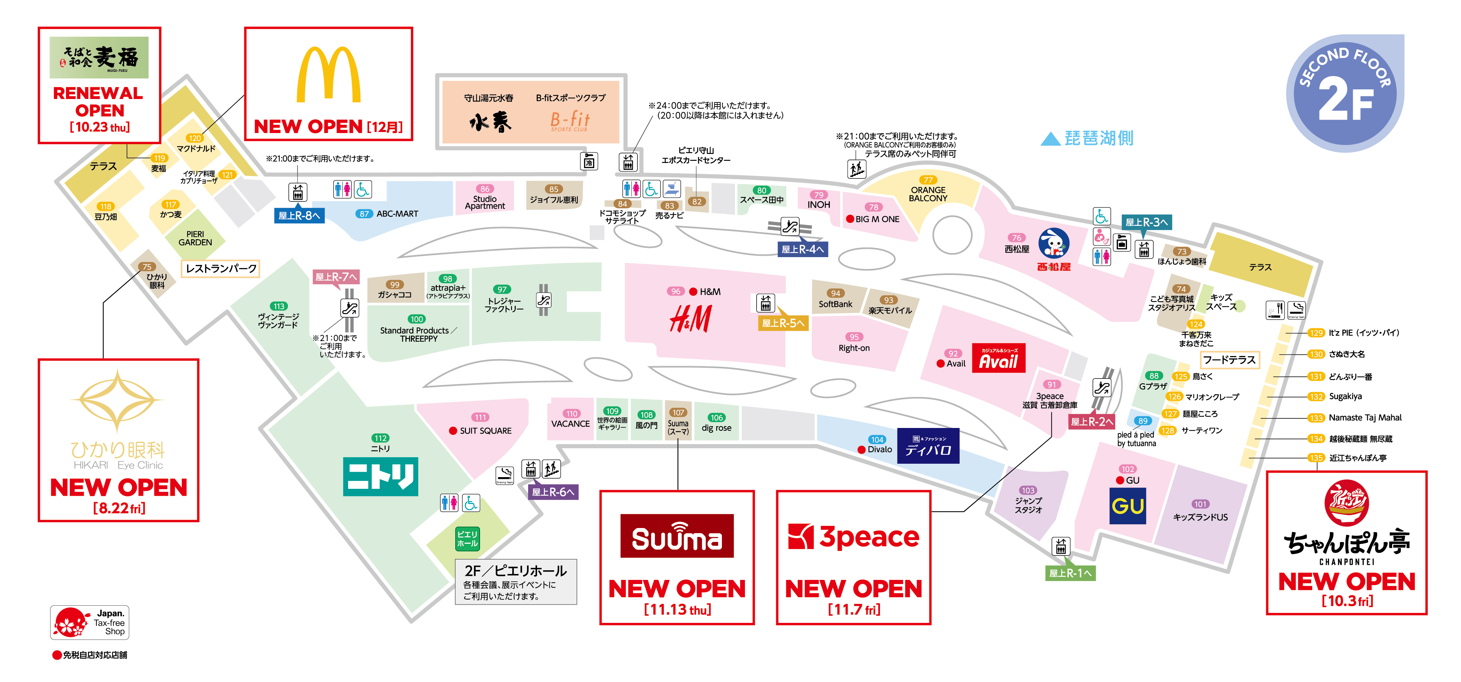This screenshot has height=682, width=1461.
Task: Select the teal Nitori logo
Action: tap(381, 476)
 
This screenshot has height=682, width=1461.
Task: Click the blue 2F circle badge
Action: tap(1345, 93)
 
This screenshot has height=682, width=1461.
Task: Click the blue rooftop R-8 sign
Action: tap(299, 216)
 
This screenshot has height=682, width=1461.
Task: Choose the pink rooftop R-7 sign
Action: tap(336, 277)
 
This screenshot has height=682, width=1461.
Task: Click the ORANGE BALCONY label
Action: tap(928, 194)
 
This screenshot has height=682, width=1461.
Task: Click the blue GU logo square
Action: tap(1127, 506)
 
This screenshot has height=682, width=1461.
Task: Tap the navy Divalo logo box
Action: tap(928, 446)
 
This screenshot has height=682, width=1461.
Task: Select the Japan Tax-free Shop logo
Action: tap(90, 623)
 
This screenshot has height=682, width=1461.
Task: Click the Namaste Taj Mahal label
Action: tap(1364, 418)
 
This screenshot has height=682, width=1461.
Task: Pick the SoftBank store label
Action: tap(835, 304)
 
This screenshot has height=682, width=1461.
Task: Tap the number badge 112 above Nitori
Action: tap(380, 438)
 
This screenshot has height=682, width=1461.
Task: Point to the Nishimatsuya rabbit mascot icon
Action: tap(1054, 244)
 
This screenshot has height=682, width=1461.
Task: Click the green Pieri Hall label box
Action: tap(467, 538)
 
